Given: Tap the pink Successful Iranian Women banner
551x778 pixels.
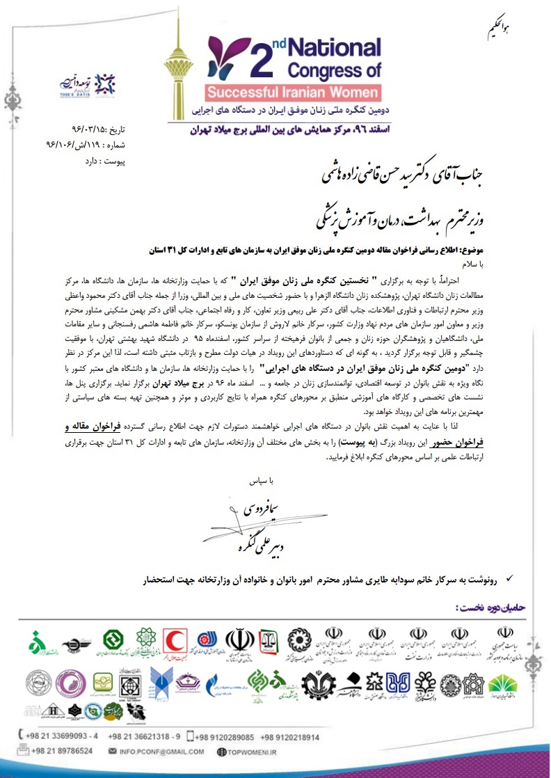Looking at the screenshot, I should (292, 92).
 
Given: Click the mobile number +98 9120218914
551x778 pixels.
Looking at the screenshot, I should (291, 736).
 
